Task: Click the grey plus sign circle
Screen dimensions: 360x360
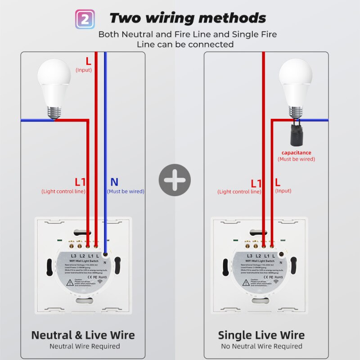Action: click(175, 180)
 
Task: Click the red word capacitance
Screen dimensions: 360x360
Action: click(296, 153)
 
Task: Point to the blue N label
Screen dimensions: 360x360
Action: click(114, 182)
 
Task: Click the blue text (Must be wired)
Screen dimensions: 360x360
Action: click(126, 191)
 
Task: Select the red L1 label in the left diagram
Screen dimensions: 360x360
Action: click(80, 182)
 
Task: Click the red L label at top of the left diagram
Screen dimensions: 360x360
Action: click(88, 61)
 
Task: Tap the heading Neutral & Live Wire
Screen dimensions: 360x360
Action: click(83, 335)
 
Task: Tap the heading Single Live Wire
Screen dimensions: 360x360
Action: click(261, 335)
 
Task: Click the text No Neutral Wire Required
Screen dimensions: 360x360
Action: click(261, 346)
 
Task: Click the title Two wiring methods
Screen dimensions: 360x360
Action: click(187, 18)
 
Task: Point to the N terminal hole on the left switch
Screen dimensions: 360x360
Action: click(105, 254)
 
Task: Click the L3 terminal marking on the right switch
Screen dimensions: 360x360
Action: click(250, 255)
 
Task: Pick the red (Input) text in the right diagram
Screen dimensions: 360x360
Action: click(283, 191)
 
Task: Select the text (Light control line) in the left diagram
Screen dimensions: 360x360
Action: click(63, 191)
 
